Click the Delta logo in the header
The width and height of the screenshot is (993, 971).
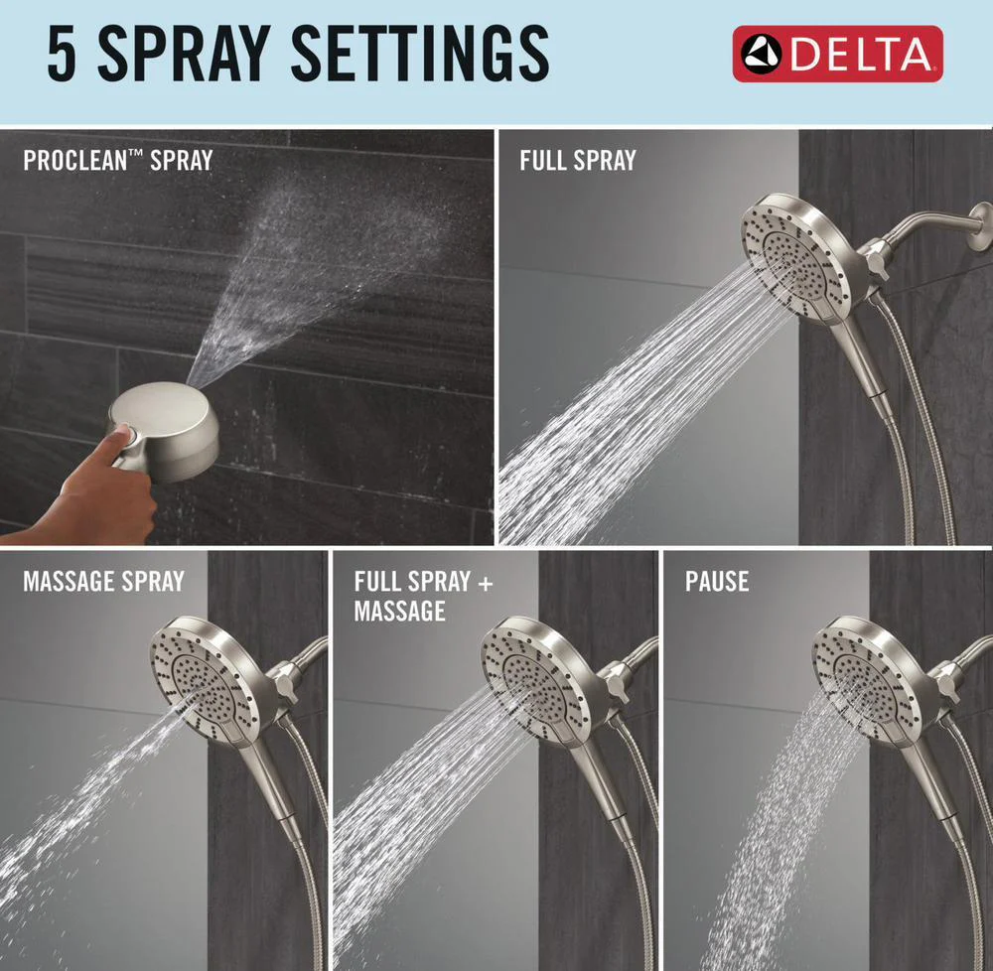click(x=837, y=54)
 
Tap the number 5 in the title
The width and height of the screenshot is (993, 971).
click(x=62, y=54)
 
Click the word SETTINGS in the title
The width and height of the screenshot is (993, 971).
click(x=420, y=54)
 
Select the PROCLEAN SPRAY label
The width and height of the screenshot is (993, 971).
click(x=118, y=161)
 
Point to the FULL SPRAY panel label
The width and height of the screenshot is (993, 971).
click(x=578, y=161)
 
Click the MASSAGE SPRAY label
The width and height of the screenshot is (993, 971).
click(x=103, y=581)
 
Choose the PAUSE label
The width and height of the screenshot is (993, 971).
click(x=716, y=581)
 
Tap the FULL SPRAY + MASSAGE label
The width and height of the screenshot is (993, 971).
click(x=423, y=597)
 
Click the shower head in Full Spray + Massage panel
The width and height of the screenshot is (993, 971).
click(x=536, y=680)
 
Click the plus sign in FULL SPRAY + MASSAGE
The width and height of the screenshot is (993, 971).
click(x=486, y=583)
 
